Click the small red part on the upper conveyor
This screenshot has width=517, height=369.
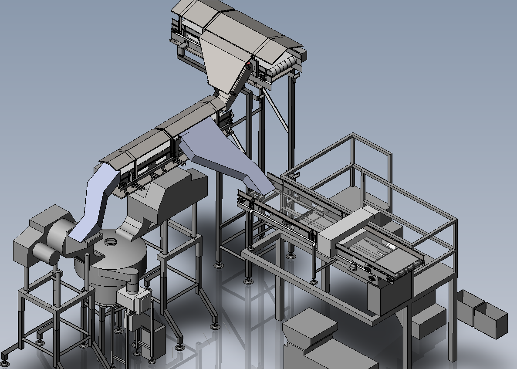tap(249, 64)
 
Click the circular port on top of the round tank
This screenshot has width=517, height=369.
tap(110, 241)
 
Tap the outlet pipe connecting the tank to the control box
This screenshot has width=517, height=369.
tap(132, 285)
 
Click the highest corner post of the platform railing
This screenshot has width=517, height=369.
tap(352, 137)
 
